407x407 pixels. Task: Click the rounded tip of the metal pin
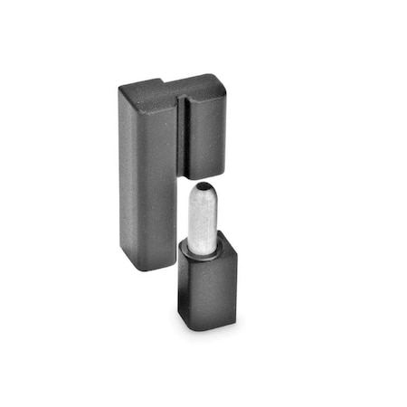click(x=203, y=191)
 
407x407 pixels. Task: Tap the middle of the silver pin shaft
click(x=204, y=217)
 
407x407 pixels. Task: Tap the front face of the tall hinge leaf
click(x=149, y=181)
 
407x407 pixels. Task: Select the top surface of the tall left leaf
click(x=145, y=86)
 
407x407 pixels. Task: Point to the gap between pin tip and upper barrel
click(x=204, y=181)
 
